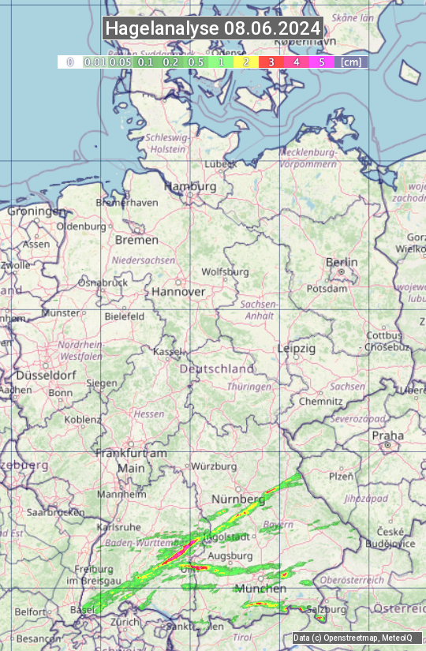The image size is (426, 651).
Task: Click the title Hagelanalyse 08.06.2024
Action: click(213, 28)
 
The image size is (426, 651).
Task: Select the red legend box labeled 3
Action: click(271, 62)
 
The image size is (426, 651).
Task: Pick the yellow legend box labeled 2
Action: click(246, 62)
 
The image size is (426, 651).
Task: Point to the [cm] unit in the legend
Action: click(351, 62)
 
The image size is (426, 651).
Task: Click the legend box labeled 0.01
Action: click(95, 62)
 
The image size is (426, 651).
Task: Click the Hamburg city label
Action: click(189, 186)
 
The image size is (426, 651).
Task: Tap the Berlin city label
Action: click(342, 262)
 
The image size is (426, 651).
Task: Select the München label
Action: click(260, 589)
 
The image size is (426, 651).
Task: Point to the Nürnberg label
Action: click(238, 499)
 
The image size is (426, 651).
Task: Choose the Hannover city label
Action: click(178, 291)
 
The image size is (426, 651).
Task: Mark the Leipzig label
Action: click(297, 348)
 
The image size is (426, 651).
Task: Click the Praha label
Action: click(387, 436)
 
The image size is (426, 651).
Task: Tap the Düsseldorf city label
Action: click(45, 376)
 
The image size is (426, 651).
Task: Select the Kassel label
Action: click(168, 351)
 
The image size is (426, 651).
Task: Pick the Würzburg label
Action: click(214, 466)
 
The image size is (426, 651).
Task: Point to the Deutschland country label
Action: click(217, 369)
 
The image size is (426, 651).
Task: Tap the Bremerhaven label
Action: click(126, 202)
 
